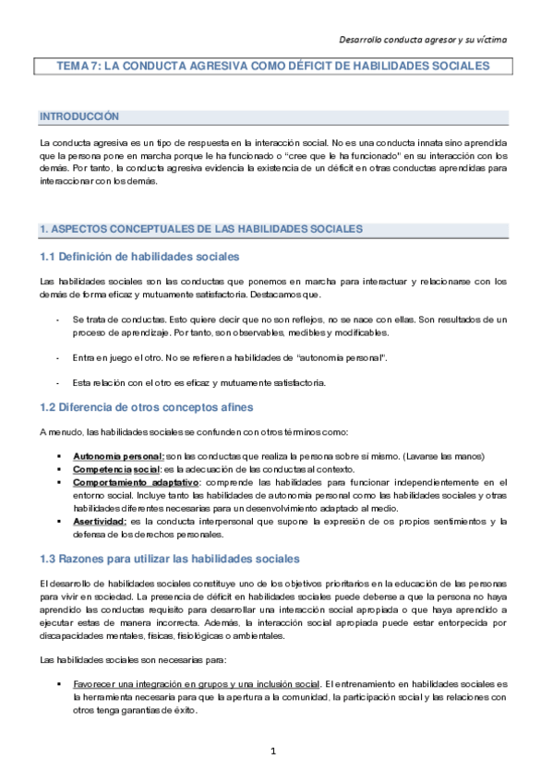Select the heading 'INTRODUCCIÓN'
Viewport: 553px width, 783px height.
click(79, 117)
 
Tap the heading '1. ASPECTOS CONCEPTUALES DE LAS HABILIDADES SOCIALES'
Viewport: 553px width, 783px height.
click(200, 229)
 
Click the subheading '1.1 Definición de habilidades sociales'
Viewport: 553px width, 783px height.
click(138, 256)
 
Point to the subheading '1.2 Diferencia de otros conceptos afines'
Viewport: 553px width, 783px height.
click(145, 408)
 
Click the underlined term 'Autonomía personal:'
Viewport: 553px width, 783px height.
click(118, 457)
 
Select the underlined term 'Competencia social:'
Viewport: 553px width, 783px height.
click(116, 469)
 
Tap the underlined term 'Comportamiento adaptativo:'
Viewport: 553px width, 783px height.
click(135, 482)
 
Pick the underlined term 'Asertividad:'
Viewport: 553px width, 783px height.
click(101, 522)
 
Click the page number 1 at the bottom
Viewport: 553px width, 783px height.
click(274, 751)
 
